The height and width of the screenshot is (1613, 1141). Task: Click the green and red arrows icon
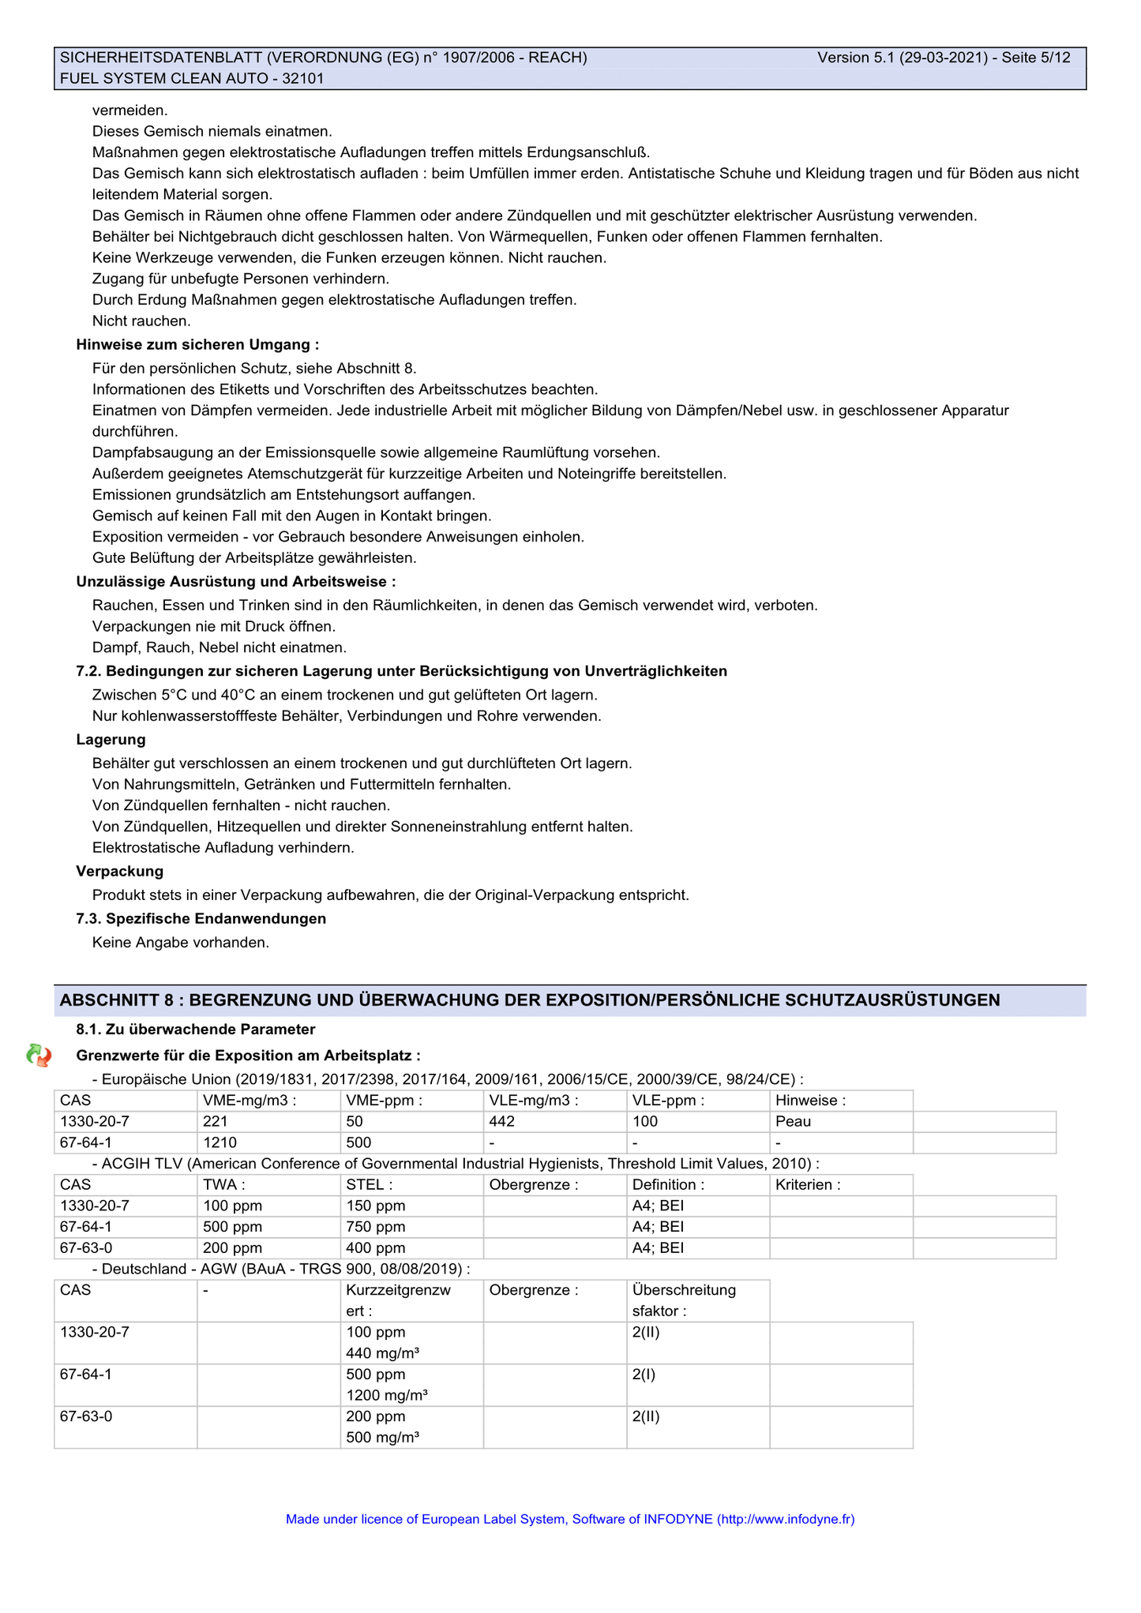click(39, 1055)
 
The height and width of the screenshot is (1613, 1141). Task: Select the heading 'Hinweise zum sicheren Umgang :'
click(197, 344)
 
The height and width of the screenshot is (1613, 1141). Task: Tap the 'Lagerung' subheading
click(111, 740)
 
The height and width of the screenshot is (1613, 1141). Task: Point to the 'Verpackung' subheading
click(120, 872)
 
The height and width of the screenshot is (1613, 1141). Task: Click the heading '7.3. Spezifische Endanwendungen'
click(201, 919)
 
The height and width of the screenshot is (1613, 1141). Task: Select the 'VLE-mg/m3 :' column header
click(534, 1101)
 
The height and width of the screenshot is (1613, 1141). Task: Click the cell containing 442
click(502, 1122)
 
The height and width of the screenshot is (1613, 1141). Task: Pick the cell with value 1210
click(220, 1142)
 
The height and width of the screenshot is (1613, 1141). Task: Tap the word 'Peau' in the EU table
click(793, 1122)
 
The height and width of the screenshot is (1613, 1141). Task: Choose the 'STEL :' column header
click(369, 1185)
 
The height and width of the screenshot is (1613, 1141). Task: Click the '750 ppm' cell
click(376, 1227)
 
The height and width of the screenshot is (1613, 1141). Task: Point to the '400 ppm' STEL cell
click(376, 1248)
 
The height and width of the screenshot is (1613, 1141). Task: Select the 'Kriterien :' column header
click(808, 1185)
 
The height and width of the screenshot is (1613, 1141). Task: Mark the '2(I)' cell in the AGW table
click(644, 1374)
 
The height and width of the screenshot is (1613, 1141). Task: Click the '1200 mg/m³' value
click(387, 1395)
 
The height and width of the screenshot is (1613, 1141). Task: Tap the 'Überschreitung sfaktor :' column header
click(684, 1300)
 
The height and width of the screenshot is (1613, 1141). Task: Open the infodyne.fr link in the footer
click(786, 1519)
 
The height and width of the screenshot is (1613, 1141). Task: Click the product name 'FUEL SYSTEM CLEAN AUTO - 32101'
click(192, 78)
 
